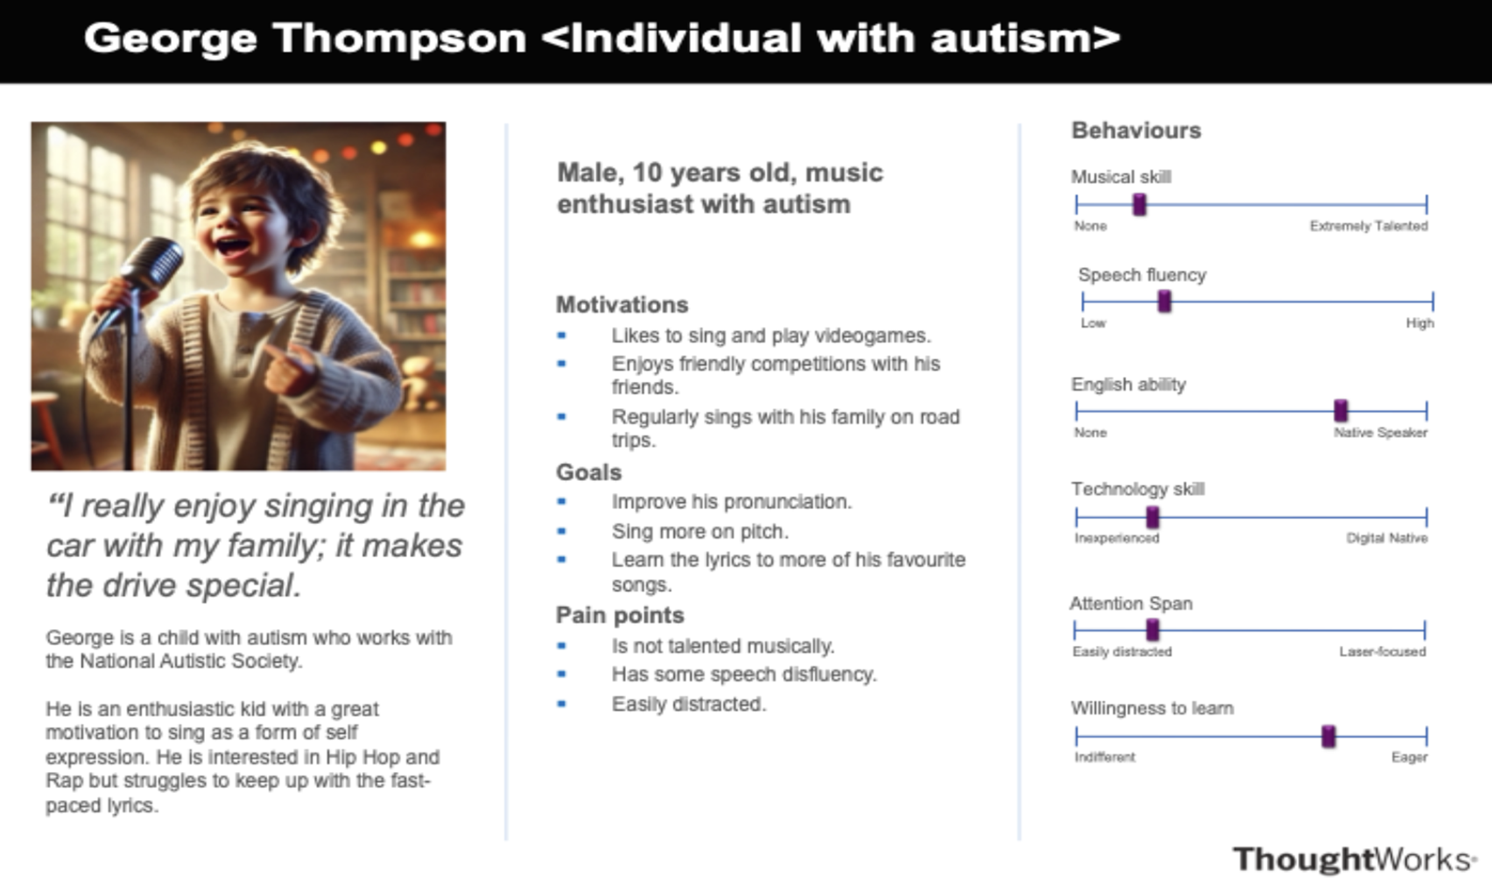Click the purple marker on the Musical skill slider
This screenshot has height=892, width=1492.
pos(1140,205)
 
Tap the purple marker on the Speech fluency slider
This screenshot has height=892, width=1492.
pos(1165,302)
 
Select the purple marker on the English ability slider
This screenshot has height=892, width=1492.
pos(1341,411)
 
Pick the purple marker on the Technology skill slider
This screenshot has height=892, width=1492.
pos(1152,517)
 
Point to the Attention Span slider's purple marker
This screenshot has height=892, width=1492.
pos(1152,629)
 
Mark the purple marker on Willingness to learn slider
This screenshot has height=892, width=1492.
pos(1328,737)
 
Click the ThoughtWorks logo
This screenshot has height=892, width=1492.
pos(1355,860)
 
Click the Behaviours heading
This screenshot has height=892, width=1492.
pos(1137,131)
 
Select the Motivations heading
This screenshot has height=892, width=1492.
pos(623,305)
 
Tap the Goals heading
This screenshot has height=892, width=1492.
pos(588,472)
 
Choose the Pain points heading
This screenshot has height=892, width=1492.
pos(620,615)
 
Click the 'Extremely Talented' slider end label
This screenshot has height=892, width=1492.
pos(1369,226)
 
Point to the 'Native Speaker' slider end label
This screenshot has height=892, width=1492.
pos(1380,433)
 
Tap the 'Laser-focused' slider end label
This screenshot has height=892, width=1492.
pos(1383,652)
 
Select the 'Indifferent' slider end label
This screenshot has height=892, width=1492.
pos(1104,757)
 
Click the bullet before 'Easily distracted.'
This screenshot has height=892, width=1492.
pos(561,704)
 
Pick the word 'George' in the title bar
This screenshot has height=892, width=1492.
pos(171,39)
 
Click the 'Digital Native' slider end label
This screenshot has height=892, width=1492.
pos(1387,538)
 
